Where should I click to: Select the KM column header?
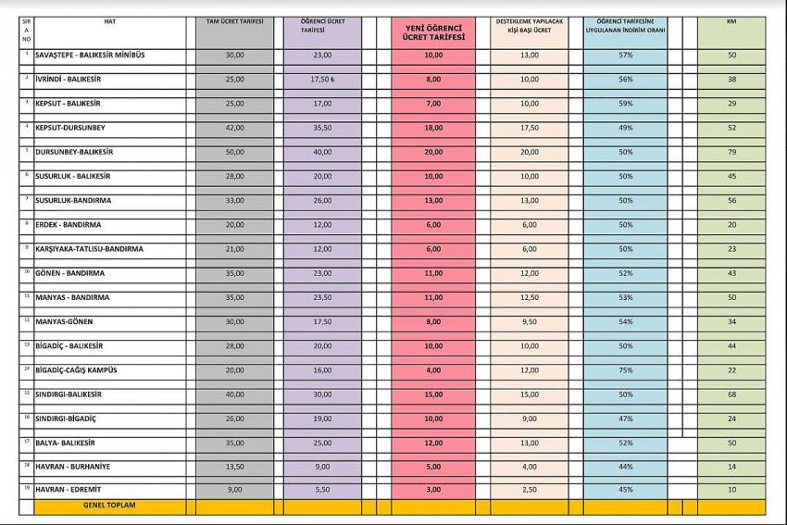pos(731,20)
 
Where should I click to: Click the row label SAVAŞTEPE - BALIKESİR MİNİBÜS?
pos(90,56)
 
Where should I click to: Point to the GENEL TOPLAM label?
pos(109,506)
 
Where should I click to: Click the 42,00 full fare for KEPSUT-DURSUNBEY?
pos(234,128)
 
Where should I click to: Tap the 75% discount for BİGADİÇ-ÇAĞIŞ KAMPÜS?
pos(625,369)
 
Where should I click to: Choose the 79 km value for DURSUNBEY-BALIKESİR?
pos(731,152)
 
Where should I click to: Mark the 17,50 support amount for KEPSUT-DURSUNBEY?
pos(530,128)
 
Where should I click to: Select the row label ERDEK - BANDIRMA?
pos(69,225)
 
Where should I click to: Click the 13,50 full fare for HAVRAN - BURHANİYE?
pos(234,466)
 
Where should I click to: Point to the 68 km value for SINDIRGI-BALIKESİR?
pos(731,394)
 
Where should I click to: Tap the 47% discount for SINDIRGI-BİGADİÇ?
pos(625,418)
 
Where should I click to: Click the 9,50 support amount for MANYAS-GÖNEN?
pos(530,321)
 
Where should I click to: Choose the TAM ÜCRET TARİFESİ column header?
pos(234,20)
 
